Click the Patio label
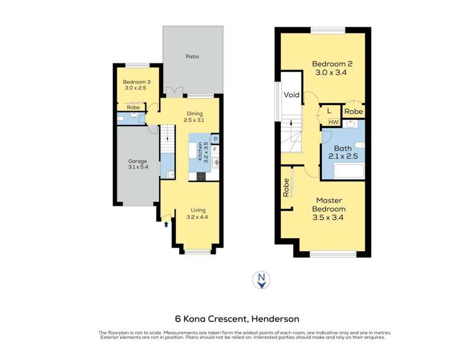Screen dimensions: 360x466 click(192, 57)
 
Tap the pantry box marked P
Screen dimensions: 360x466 click(215, 139)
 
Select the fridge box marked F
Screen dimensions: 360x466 click(215, 149)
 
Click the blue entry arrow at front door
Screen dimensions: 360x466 click(166, 224)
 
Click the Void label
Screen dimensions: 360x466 click(291, 95)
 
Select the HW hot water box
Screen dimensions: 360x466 click(334, 122)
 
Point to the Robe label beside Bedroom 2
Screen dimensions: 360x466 click(354, 111)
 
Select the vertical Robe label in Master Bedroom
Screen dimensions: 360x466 click(286, 188)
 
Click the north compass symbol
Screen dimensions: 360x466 click(261, 280)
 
